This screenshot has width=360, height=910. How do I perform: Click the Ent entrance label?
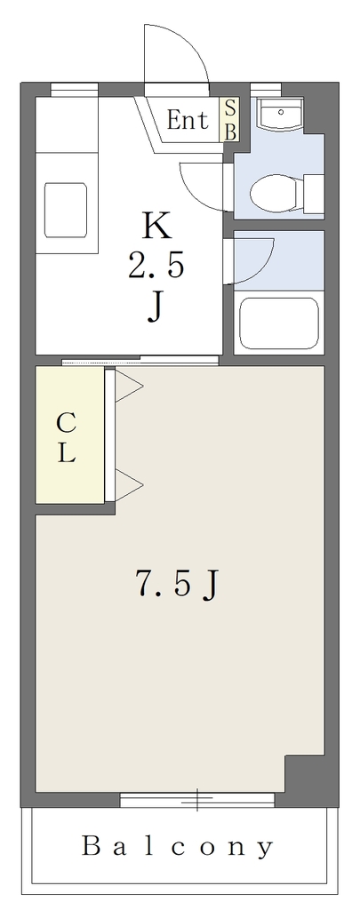pyautogui.click(x=187, y=121)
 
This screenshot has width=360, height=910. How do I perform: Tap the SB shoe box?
pyautogui.click(x=230, y=120)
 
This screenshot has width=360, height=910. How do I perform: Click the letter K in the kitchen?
pyautogui.click(x=156, y=227)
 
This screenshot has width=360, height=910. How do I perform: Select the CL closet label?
pyautogui.click(x=66, y=438)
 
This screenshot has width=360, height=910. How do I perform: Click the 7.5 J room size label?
pyautogui.click(x=177, y=585)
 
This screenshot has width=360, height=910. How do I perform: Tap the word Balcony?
pyautogui.click(x=177, y=848)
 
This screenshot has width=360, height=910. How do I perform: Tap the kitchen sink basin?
pyautogui.click(x=66, y=210)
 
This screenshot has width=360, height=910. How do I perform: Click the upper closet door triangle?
pyautogui.click(x=129, y=386)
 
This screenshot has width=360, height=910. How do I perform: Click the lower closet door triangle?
pyautogui.click(x=129, y=483)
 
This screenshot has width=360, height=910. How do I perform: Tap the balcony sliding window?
pyautogui.click(x=196, y=801)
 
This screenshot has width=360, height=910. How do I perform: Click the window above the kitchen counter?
pyautogui.click(x=74, y=89)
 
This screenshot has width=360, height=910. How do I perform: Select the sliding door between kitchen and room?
pyautogui.click(x=140, y=361)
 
